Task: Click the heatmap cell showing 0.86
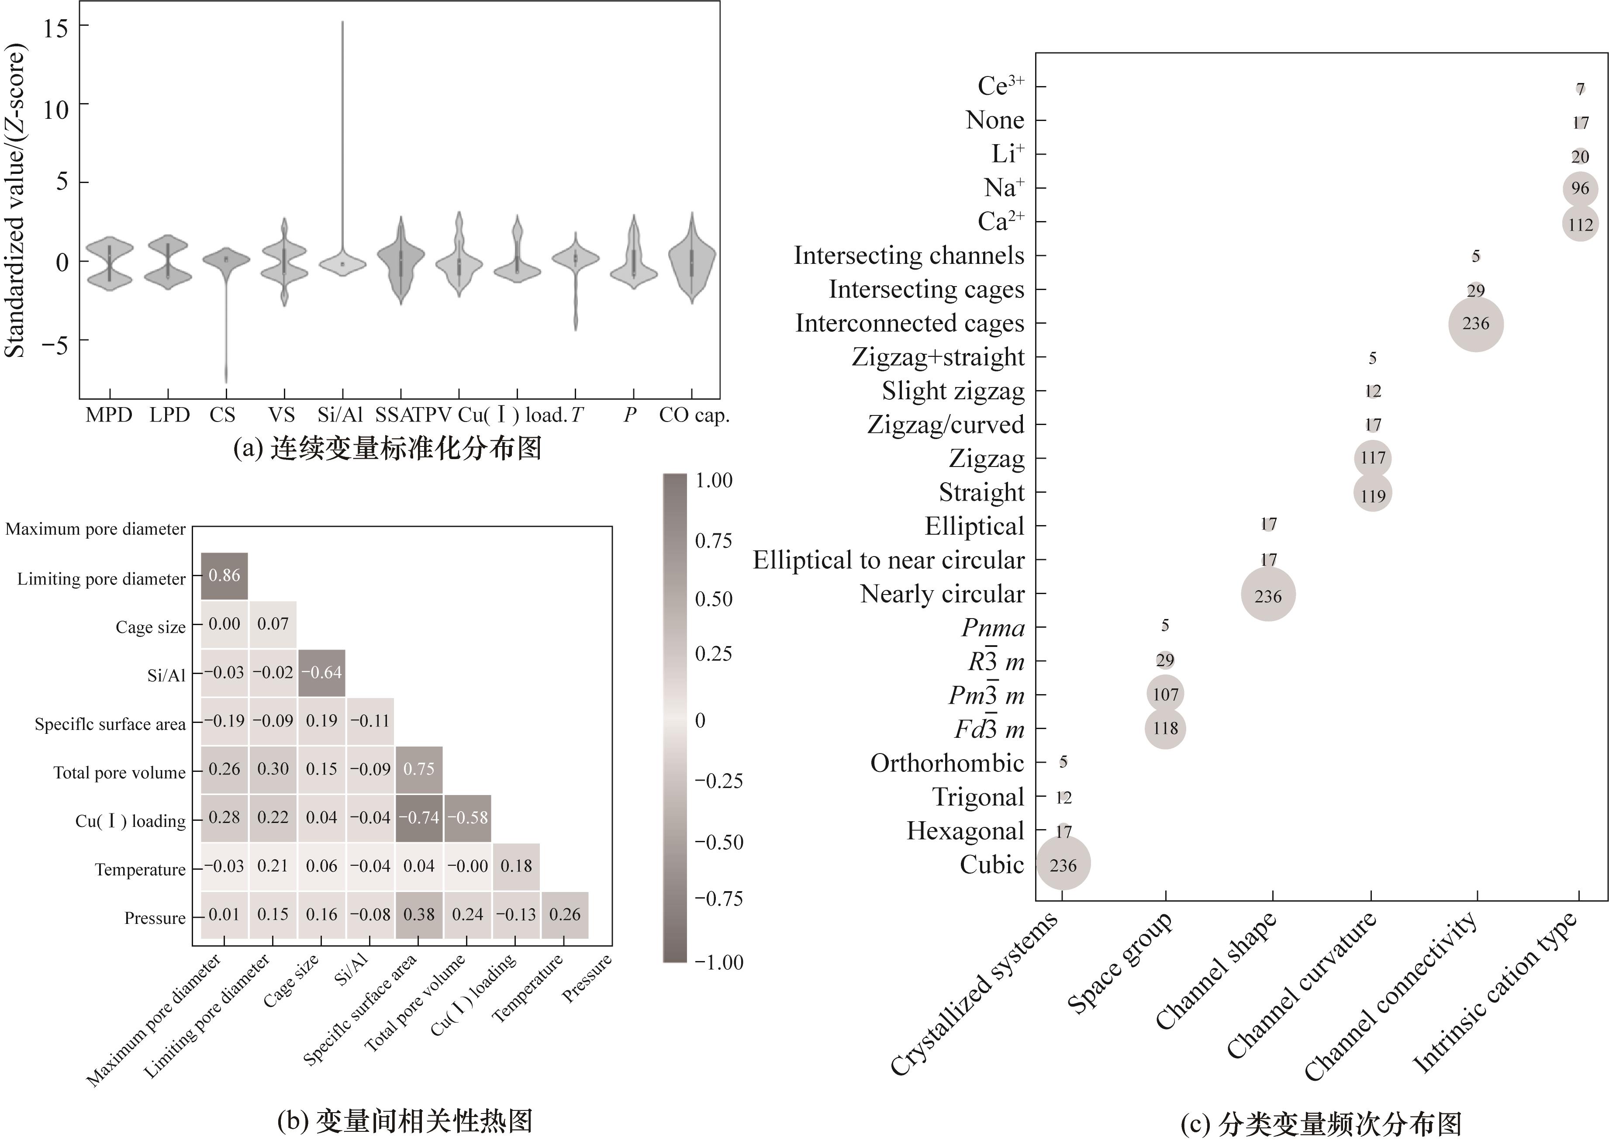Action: point(225,575)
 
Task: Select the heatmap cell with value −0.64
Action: point(321,672)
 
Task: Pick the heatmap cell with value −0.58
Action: point(468,818)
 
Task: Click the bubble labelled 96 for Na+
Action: point(1580,188)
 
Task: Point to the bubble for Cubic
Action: point(1063,865)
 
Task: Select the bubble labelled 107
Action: point(1165,694)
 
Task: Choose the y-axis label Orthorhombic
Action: point(947,763)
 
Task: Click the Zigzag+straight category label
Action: point(938,357)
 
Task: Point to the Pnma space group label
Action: point(993,627)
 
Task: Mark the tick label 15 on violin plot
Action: point(56,28)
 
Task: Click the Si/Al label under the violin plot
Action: point(340,415)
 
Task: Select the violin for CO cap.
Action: point(692,260)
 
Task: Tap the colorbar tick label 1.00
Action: point(714,481)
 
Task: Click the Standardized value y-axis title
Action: point(15,200)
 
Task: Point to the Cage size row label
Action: point(150,627)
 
